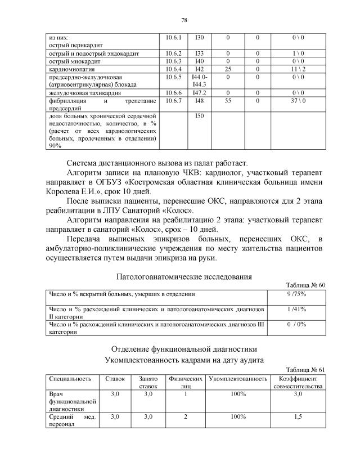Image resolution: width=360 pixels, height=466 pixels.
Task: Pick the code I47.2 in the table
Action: [x=200, y=92]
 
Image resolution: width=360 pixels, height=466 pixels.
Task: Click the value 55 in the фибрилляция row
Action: [x=228, y=100]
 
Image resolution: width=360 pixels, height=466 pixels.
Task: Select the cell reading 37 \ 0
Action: [x=298, y=100]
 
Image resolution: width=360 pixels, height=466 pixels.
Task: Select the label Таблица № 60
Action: [x=306, y=285]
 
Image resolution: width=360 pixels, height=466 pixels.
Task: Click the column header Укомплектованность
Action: [x=237, y=379]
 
